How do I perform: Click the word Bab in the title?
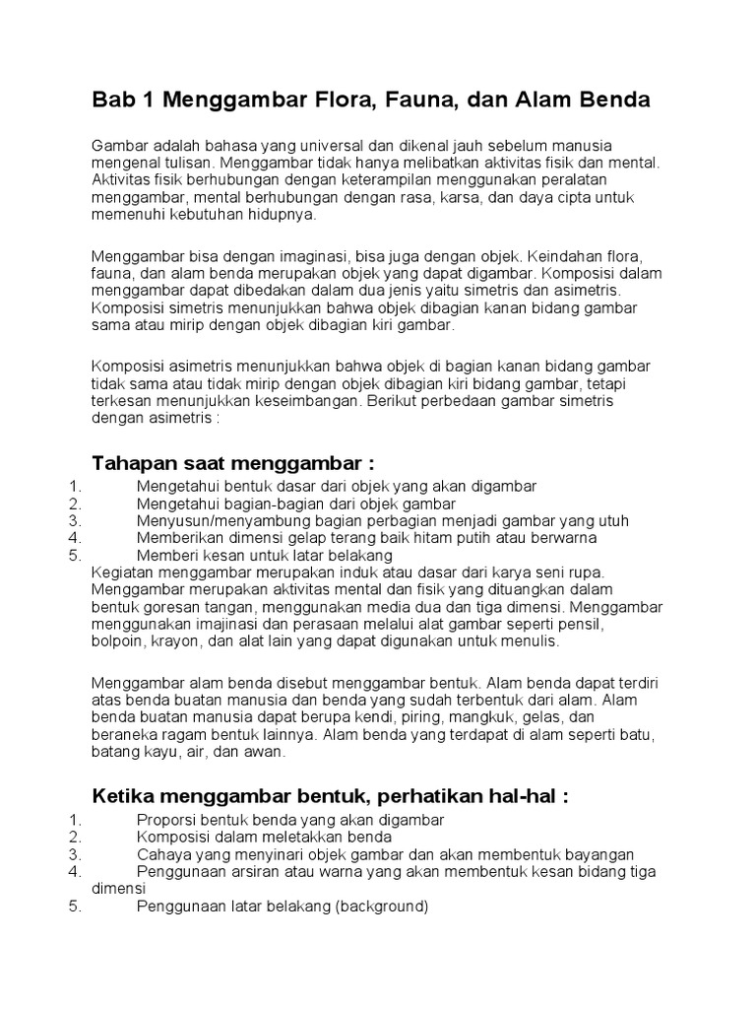111,100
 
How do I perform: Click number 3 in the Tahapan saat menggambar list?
73,520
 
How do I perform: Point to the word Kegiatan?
120,572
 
